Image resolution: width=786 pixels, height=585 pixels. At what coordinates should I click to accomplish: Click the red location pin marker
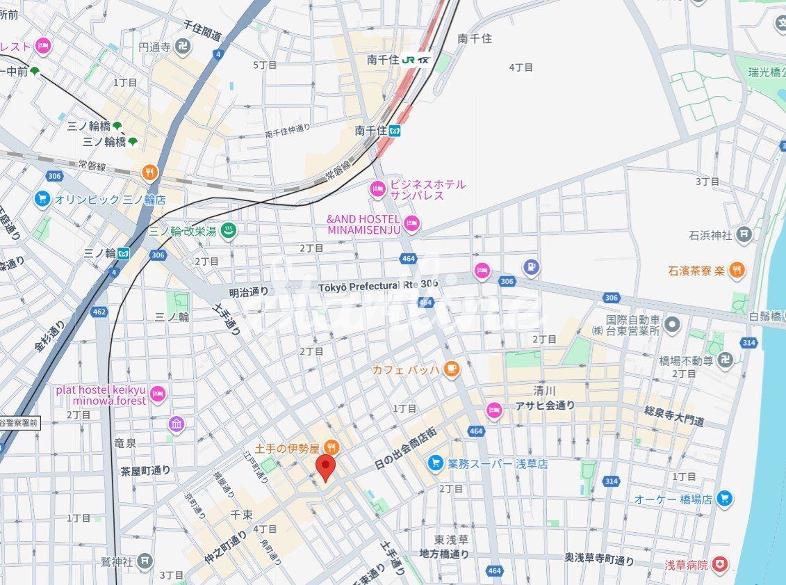click(x=325, y=467)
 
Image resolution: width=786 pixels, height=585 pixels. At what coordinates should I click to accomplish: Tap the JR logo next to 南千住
click(x=409, y=60)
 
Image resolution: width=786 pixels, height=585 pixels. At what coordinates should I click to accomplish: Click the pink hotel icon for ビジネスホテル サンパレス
click(x=377, y=189)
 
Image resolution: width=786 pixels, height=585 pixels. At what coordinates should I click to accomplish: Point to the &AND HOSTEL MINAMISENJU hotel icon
click(x=412, y=223)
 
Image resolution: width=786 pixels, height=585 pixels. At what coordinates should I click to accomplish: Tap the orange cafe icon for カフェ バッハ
click(x=452, y=369)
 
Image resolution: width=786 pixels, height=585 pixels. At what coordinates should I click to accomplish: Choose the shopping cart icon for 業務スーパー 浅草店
click(x=436, y=463)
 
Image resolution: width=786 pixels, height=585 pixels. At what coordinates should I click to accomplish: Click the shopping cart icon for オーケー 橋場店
click(x=725, y=498)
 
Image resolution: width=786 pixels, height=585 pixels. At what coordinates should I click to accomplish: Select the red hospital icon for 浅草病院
click(x=721, y=565)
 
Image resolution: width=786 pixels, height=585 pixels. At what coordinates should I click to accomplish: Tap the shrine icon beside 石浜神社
click(x=744, y=235)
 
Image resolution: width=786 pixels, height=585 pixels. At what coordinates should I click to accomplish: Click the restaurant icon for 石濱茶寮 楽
click(x=737, y=270)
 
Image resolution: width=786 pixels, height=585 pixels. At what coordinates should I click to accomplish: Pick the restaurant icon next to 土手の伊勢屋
click(x=332, y=446)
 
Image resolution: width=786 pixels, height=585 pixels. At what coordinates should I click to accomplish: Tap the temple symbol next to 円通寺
click(x=183, y=47)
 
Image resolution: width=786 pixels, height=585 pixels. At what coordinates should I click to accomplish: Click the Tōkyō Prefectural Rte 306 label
click(x=378, y=286)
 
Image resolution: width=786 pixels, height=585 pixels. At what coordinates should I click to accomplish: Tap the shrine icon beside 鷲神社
click(x=145, y=560)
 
